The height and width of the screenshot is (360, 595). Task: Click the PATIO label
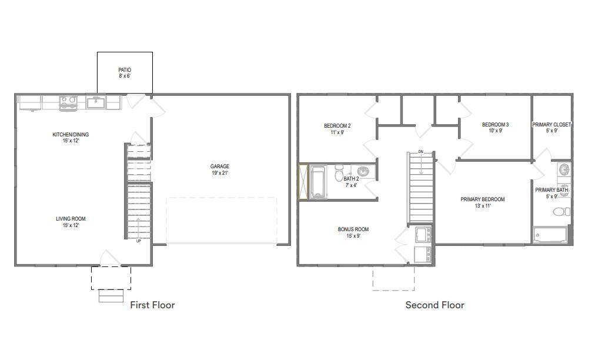pyautogui.click(x=125, y=70)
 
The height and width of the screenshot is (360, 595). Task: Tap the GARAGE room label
pyautogui.click(x=220, y=166)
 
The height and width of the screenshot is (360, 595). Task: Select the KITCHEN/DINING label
pyautogui.click(x=71, y=135)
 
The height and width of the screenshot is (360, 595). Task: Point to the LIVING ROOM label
pyautogui.click(x=71, y=219)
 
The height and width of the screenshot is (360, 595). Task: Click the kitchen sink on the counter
pyautogui.click(x=96, y=102)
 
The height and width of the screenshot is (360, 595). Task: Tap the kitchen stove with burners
pyautogui.click(x=68, y=102)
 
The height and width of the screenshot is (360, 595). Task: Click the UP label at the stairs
pyautogui.click(x=139, y=241)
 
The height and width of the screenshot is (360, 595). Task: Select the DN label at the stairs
pyautogui.click(x=420, y=152)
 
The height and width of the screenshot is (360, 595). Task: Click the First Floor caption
pyautogui.click(x=152, y=305)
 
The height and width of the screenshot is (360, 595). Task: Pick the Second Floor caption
pyautogui.click(x=435, y=305)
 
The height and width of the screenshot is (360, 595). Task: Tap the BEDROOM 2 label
pyautogui.click(x=337, y=126)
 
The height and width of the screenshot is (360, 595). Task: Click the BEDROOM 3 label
pyautogui.click(x=495, y=125)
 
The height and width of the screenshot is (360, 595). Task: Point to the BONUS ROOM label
pyautogui.click(x=353, y=229)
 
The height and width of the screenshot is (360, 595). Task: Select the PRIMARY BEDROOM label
pyautogui.click(x=483, y=199)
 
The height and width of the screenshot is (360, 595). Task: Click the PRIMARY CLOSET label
pyautogui.click(x=551, y=125)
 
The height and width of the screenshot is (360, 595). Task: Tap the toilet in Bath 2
pyautogui.click(x=339, y=174)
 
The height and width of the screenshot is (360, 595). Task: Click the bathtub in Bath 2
pyautogui.click(x=318, y=182)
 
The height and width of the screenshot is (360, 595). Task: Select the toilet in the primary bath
pyautogui.click(x=561, y=212)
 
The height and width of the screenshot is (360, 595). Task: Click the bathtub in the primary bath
pyautogui.click(x=550, y=235)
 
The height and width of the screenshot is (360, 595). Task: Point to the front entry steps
pyautogui.click(x=111, y=296)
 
